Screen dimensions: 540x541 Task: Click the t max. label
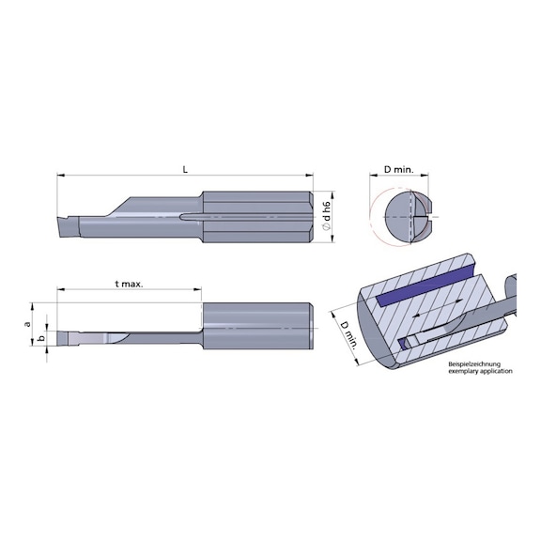[x=129, y=284]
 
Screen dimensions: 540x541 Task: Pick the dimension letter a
[x=28, y=323]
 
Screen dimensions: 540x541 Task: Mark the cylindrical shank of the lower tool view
[x=258, y=326]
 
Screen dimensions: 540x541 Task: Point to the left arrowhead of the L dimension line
[x=61, y=176]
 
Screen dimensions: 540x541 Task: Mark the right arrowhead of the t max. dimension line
[x=202, y=290]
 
